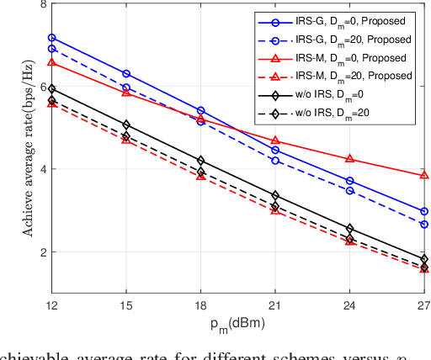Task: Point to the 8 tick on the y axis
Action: (x=43, y=5)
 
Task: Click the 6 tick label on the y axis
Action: (x=43, y=87)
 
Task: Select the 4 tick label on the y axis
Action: (x=43, y=169)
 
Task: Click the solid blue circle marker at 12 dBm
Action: (x=52, y=38)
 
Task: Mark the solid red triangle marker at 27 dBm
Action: (x=424, y=175)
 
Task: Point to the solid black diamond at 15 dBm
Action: (x=126, y=124)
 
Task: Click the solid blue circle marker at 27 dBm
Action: (x=424, y=211)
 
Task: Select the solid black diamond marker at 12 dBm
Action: (x=52, y=88)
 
